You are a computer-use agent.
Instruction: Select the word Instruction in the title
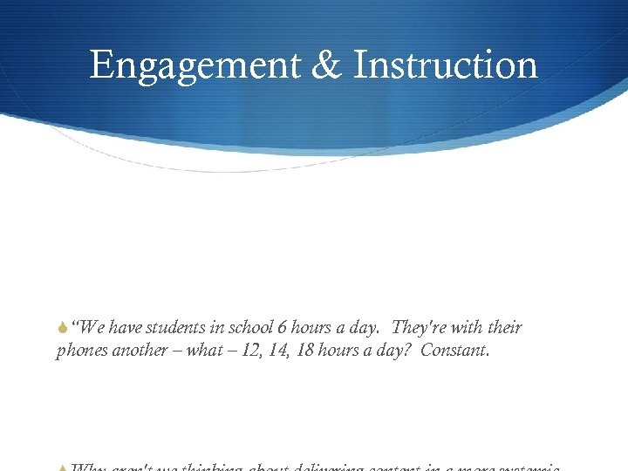[446, 65]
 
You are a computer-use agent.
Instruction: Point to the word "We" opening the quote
[93, 328]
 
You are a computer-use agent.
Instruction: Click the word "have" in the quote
[129, 328]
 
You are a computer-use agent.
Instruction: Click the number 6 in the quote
[282, 328]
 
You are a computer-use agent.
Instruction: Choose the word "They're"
[422, 328]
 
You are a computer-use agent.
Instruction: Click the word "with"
[472, 328]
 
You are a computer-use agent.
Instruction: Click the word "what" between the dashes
[204, 352]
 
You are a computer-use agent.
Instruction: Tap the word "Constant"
[456, 352]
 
